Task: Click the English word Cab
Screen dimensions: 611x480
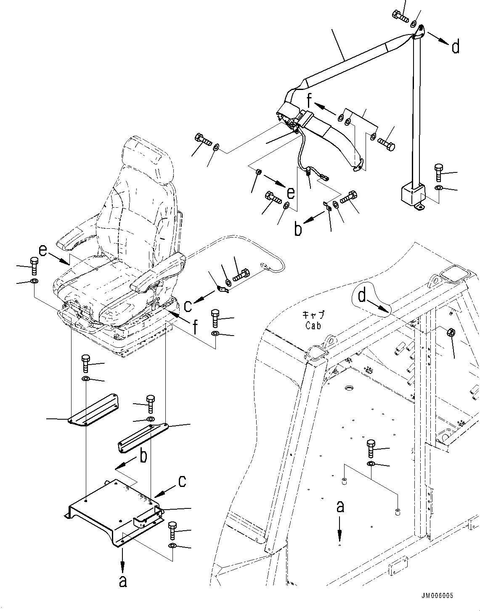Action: pos(313,325)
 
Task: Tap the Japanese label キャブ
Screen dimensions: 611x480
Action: pos(313,315)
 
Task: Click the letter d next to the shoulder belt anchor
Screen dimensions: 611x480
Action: pos(455,47)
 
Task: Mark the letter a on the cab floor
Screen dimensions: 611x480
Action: pos(340,506)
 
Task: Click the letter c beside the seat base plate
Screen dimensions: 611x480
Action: pos(182,481)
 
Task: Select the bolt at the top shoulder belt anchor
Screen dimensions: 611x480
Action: pos(400,16)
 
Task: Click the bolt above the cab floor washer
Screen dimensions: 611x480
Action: pos(371,448)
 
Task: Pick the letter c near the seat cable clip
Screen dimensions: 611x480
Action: pos(188,305)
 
